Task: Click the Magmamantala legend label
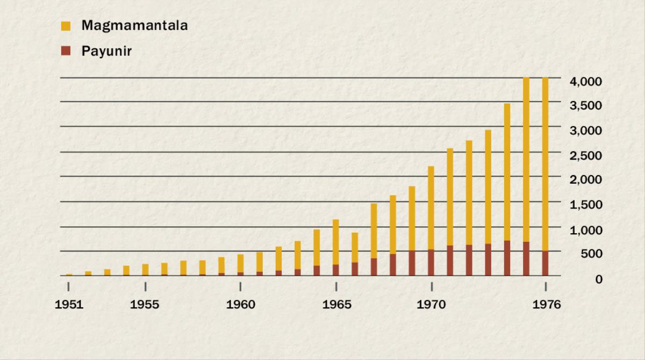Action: pyautogui.click(x=134, y=25)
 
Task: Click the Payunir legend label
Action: pyautogui.click(x=106, y=51)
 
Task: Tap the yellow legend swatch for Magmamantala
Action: pyautogui.click(x=66, y=25)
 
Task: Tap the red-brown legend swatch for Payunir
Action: pyautogui.click(x=66, y=51)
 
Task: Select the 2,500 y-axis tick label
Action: pyautogui.click(x=585, y=155)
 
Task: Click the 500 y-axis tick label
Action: pyautogui.click(x=591, y=254)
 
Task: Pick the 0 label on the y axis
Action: pyautogui.click(x=598, y=278)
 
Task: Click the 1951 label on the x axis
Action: pyautogui.click(x=69, y=305)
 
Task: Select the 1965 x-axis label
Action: pyautogui.click(x=336, y=305)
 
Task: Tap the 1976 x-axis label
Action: pyautogui.click(x=546, y=305)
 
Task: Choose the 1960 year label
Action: pyautogui.click(x=241, y=305)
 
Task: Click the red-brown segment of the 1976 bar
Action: pyautogui.click(x=546, y=263)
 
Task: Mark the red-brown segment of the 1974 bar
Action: pyautogui.click(x=507, y=258)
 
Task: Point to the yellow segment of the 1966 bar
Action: pyautogui.click(x=355, y=247)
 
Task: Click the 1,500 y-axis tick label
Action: pyautogui.click(x=585, y=204)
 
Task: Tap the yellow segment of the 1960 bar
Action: pyautogui.click(x=240, y=263)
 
